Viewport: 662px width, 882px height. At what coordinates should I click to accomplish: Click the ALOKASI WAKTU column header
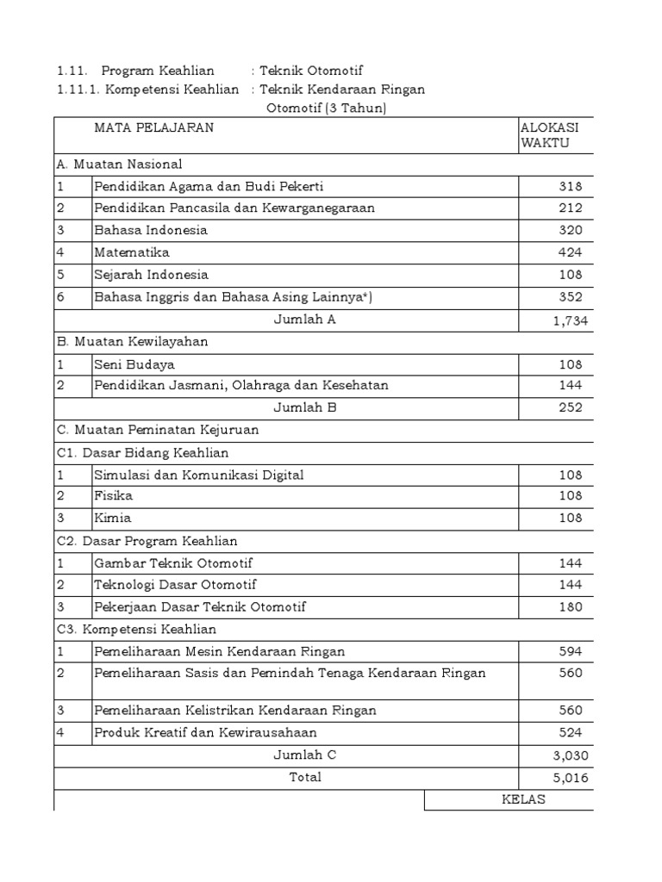click(x=550, y=135)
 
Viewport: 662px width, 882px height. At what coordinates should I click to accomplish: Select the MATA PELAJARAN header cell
click(x=154, y=127)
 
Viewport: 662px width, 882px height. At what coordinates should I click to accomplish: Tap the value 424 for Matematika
click(x=569, y=252)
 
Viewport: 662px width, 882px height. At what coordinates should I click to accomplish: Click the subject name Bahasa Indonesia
click(x=151, y=230)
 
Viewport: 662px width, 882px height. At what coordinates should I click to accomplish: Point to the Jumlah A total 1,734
click(x=569, y=320)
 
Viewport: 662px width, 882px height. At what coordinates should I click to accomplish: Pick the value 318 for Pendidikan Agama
click(x=569, y=186)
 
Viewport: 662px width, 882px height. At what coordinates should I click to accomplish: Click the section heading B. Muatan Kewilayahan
click(x=133, y=341)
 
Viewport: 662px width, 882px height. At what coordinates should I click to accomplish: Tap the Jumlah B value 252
click(x=570, y=407)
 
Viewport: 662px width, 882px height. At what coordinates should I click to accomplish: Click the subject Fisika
click(x=114, y=496)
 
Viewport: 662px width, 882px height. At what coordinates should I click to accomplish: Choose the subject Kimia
click(x=113, y=519)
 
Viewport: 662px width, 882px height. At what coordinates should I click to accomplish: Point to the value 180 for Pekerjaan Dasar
click(x=570, y=607)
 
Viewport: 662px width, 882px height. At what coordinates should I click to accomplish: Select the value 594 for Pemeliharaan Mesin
click(x=570, y=652)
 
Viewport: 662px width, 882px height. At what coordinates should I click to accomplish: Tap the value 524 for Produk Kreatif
click(x=570, y=733)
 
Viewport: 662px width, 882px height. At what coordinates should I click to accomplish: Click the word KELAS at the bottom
click(x=524, y=800)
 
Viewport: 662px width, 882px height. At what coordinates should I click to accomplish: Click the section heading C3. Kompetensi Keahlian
click(x=136, y=630)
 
